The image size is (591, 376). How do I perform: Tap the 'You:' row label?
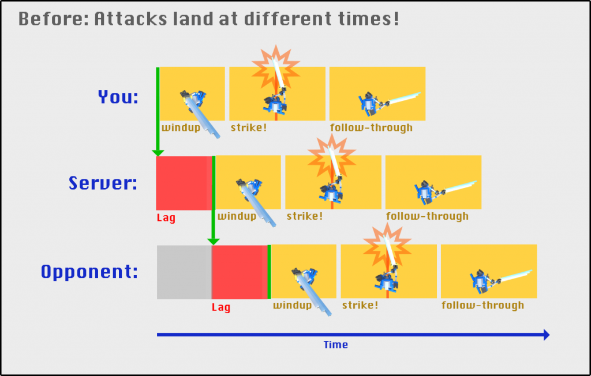tap(118, 97)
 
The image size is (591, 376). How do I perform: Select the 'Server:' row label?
tap(103, 183)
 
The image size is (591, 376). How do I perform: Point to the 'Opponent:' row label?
tap(89, 272)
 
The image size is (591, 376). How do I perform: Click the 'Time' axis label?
tap(335, 345)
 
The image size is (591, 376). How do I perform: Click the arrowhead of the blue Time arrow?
tap(547, 334)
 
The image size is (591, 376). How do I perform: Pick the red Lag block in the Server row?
tap(184, 183)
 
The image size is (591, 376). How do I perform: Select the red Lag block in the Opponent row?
tap(240, 272)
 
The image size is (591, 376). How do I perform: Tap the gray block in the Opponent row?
tap(184, 272)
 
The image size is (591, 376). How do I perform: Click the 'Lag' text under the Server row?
tap(166, 218)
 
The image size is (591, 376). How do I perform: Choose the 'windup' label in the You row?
tap(181, 127)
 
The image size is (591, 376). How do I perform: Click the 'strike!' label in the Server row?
tap(305, 216)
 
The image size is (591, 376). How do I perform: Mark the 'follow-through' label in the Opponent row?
tap(483, 305)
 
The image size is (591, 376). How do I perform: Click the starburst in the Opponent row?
tap(387, 246)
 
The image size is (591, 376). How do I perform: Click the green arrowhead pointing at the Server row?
tap(158, 153)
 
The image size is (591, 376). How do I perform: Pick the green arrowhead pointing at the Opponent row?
tap(214, 242)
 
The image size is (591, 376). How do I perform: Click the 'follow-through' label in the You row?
tap(371, 127)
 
